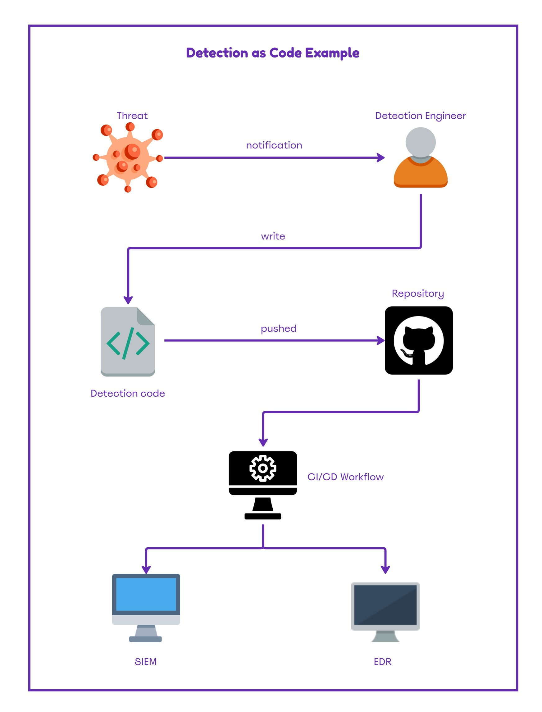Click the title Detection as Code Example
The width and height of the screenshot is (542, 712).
pyautogui.click(x=272, y=53)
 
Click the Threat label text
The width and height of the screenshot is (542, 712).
pyautogui.click(x=132, y=116)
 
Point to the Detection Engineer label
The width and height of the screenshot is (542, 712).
pyautogui.click(x=420, y=116)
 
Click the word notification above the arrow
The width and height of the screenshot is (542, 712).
pyautogui.click(x=274, y=145)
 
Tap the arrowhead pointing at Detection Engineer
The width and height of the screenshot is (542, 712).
pyautogui.click(x=381, y=158)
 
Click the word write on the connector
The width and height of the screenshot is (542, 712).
pyautogui.click(x=273, y=236)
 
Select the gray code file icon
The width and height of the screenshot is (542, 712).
pyautogui.click(x=128, y=341)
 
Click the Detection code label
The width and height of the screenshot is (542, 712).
pyautogui.click(x=128, y=393)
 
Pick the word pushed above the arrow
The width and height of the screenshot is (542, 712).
pyautogui.click(x=278, y=328)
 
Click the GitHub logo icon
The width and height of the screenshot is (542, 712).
pyautogui.click(x=418, y=340)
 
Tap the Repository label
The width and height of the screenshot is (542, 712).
pyautogui.click(x=418, y=293)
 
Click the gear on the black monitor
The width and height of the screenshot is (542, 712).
pyautogui.click(x=262, y=468)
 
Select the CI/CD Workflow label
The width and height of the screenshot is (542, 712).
pyautogui.click(x=345, y=477)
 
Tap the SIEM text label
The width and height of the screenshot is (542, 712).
pyautogui.click(x=145, y=662)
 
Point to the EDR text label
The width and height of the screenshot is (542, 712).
pyautogui.click(x=382, y=662)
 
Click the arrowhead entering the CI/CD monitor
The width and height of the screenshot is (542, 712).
pyautogui.click(x=263, y=442)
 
